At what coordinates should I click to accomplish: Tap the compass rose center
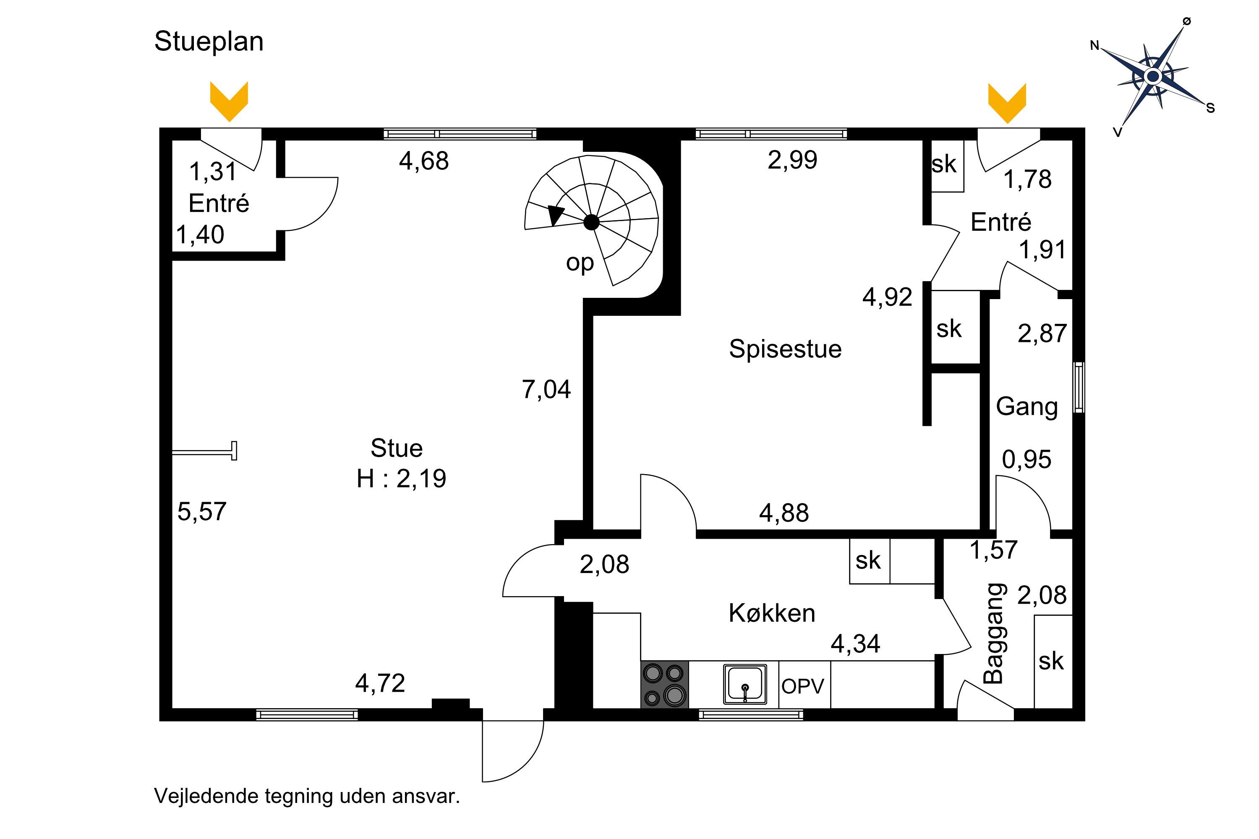[x=1154, y=76]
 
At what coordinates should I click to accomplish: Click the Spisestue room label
[x=785, y=349]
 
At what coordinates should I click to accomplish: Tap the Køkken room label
[x=772, y=613]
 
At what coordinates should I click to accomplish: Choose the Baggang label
[x=995, y=633]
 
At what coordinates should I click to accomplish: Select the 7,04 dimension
[x=546, y=390]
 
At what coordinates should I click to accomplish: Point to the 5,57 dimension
[x=202, y=511]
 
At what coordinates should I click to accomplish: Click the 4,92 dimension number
[x=887, y=297]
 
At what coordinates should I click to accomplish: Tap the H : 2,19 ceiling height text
[x=402, y=478]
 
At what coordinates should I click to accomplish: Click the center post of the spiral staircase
[x=591, y=222]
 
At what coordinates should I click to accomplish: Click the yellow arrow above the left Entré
[x=229, y=102]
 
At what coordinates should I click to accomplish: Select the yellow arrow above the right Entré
[x=1007, y=103]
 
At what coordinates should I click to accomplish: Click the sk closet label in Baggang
[x=1051, y=662]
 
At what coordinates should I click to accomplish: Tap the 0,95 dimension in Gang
[x=1026, y=460]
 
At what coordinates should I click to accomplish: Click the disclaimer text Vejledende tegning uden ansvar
[x=307, y=797]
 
